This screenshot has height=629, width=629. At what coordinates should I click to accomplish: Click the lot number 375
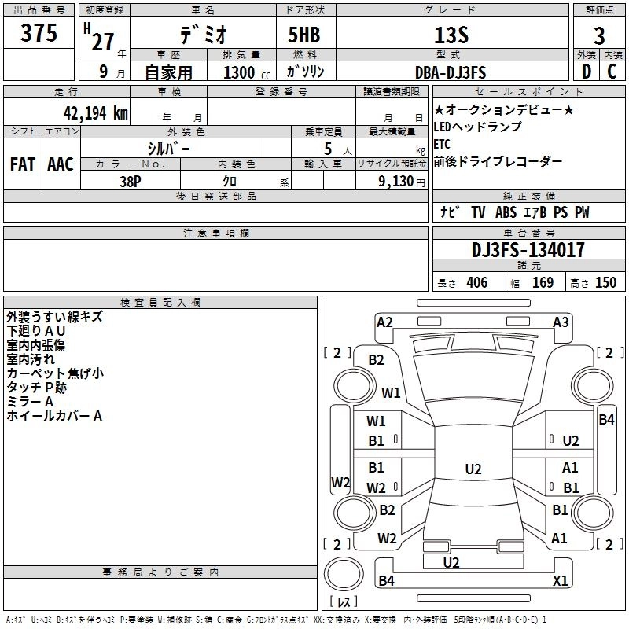[39, 32]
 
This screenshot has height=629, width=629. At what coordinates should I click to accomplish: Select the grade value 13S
[451, 35]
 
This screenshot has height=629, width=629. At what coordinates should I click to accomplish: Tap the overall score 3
[599, 36]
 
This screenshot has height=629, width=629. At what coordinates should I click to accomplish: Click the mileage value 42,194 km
[95, 113]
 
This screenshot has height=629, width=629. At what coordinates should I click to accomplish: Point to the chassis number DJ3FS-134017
[528, 250]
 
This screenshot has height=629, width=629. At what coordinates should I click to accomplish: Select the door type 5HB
[304, 35]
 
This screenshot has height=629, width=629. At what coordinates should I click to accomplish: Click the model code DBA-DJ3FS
[451, 72]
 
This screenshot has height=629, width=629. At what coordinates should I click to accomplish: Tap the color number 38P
[131, 182]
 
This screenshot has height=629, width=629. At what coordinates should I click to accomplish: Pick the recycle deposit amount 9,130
[395, 181]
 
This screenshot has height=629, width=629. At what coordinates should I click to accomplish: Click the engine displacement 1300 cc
[247, 72]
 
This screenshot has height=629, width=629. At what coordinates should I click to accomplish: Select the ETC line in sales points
[442, 144]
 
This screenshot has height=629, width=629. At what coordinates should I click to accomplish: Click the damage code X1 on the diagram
[560, 580]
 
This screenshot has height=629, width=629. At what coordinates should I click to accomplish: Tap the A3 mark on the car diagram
[561, 322]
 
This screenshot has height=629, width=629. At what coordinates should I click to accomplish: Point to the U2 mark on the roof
[473, 469]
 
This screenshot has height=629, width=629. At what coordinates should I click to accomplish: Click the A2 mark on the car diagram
[384, 322]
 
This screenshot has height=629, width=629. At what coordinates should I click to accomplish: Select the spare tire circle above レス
[344, 574]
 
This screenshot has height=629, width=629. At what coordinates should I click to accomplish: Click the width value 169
[543, 282]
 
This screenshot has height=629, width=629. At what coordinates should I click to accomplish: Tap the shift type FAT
[23, 164]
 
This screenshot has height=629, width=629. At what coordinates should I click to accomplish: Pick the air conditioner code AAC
[61, 164]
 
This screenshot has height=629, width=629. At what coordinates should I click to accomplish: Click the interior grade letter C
[612, 72]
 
